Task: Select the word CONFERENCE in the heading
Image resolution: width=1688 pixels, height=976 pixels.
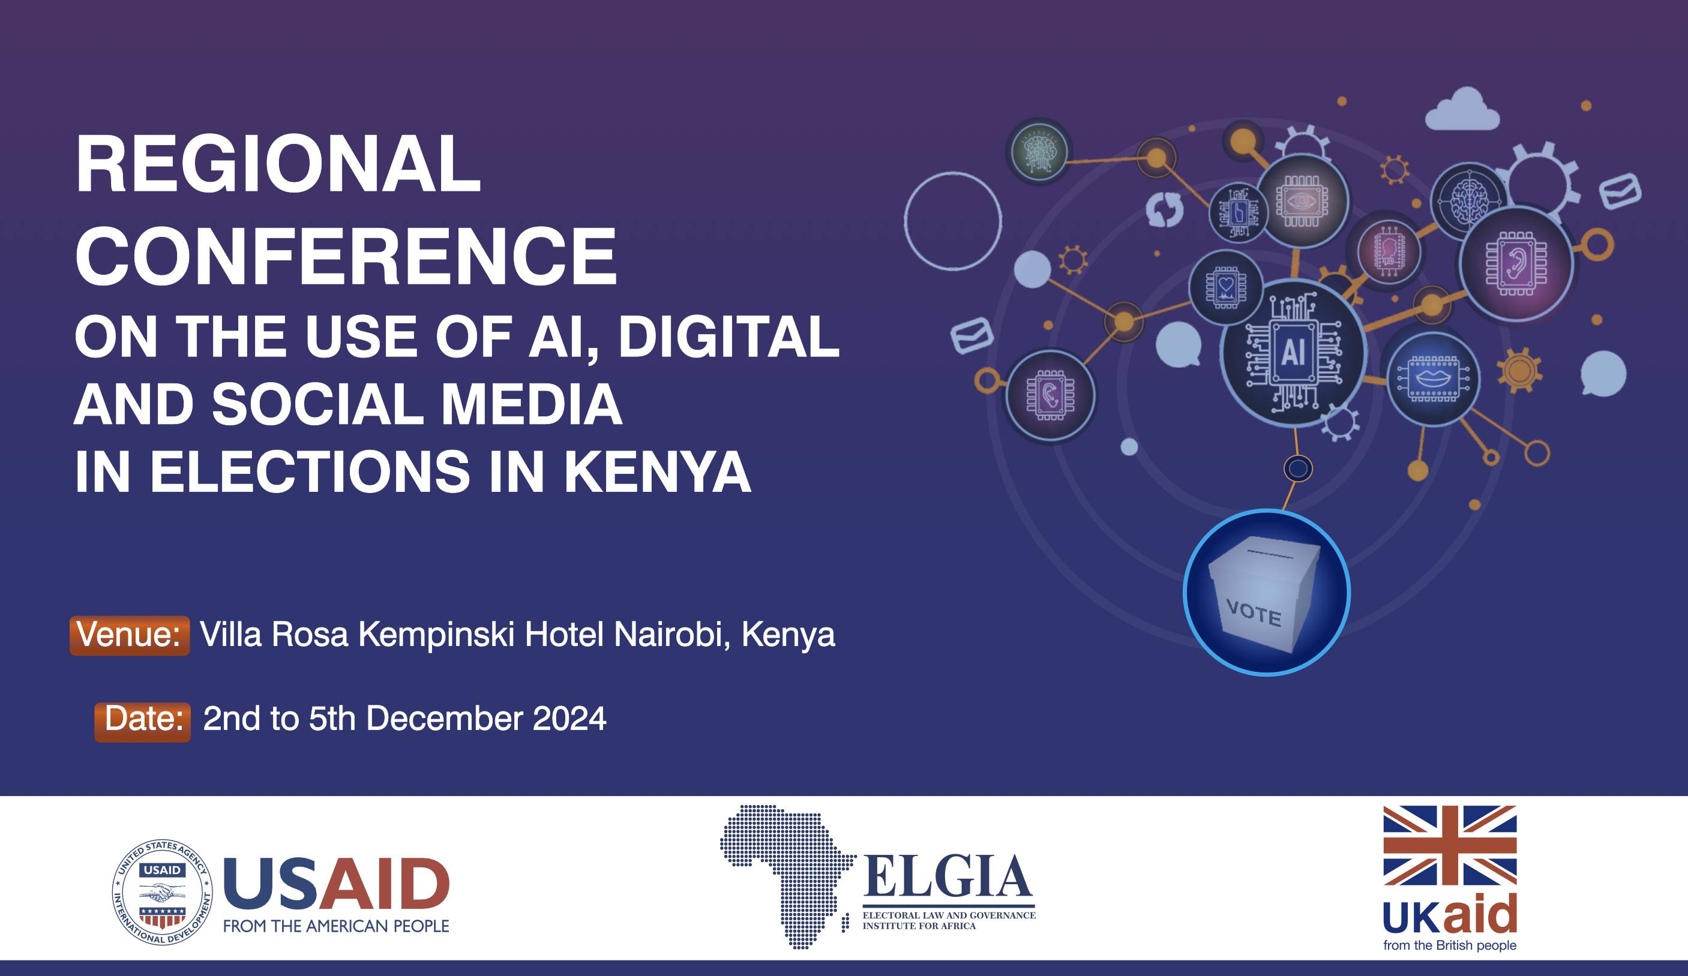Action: [346, 256]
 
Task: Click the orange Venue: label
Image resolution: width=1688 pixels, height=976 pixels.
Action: [129, 635]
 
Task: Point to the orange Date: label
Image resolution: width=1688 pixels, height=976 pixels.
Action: [143, 722]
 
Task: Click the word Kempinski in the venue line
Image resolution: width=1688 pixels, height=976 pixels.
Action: [436, 635]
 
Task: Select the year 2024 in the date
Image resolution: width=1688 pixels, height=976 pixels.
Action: [569, 718]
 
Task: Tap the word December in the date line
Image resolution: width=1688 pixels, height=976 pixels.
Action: [444, 718]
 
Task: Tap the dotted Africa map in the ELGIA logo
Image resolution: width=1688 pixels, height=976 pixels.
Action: [787, 876]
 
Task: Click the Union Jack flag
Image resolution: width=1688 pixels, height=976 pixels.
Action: [1450, 845]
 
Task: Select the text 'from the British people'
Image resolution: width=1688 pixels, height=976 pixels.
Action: [1450, 945]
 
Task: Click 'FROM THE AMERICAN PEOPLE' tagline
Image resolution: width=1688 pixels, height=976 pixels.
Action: [336, 926]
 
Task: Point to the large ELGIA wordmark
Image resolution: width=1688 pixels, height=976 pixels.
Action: [947, 876]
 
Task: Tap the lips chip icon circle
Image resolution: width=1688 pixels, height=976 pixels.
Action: [1433, 379]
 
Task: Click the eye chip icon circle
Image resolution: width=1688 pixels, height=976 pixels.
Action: [1302, 201]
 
